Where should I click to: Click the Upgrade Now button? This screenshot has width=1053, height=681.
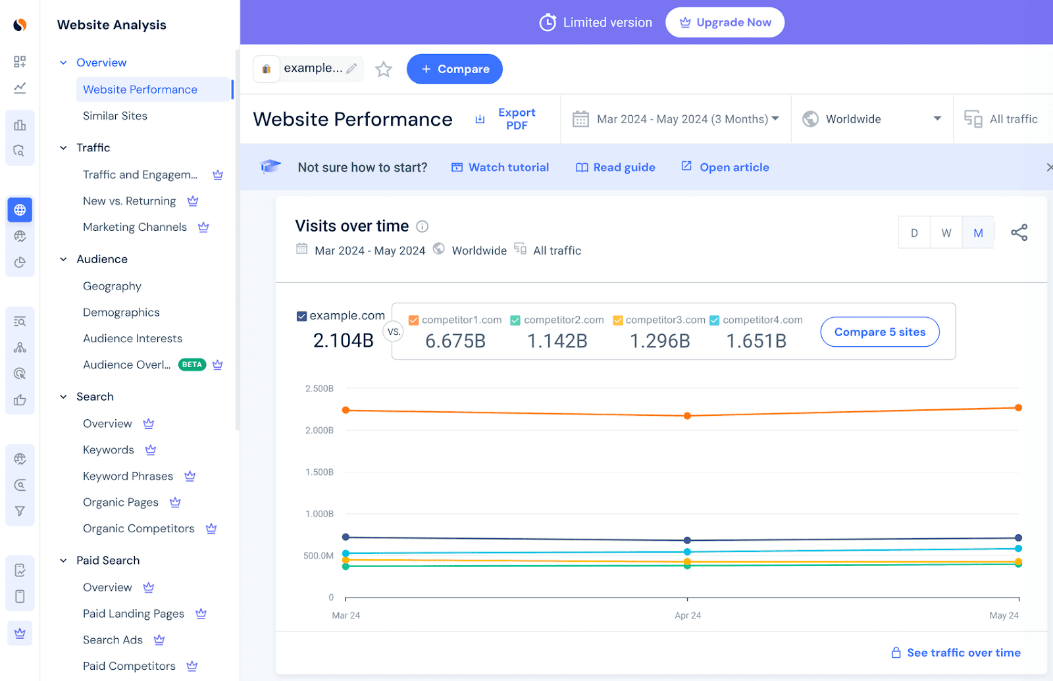pos(725,22)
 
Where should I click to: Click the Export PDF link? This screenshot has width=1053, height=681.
pos(516,119)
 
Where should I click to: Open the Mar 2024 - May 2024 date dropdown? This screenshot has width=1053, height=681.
pos(676,119)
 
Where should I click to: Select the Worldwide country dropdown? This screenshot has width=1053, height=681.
pos(871,119)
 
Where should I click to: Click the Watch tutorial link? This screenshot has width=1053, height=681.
pos(500,167)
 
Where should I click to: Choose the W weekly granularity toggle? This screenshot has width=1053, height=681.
pos(946,233)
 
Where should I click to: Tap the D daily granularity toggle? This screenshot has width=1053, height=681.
pos(914,233)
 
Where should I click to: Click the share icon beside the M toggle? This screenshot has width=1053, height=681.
pos(1019,232)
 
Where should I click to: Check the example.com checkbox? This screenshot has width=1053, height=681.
pos(302,316)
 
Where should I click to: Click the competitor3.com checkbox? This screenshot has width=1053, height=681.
pos(618,320)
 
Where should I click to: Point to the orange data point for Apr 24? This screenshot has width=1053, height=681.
pos(687,416)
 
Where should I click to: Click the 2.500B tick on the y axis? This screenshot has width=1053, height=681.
pos(319,389)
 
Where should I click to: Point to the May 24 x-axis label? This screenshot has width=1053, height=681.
pos(1004,615)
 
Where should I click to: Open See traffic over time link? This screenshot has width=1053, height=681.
pos(963,653)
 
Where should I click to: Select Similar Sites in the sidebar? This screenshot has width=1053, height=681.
pos(115,116)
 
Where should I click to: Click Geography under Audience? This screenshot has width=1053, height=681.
pos(112,286)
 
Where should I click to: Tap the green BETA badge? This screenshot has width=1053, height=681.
pos(192,365)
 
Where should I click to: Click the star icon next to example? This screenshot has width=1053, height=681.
pos(384,69)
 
